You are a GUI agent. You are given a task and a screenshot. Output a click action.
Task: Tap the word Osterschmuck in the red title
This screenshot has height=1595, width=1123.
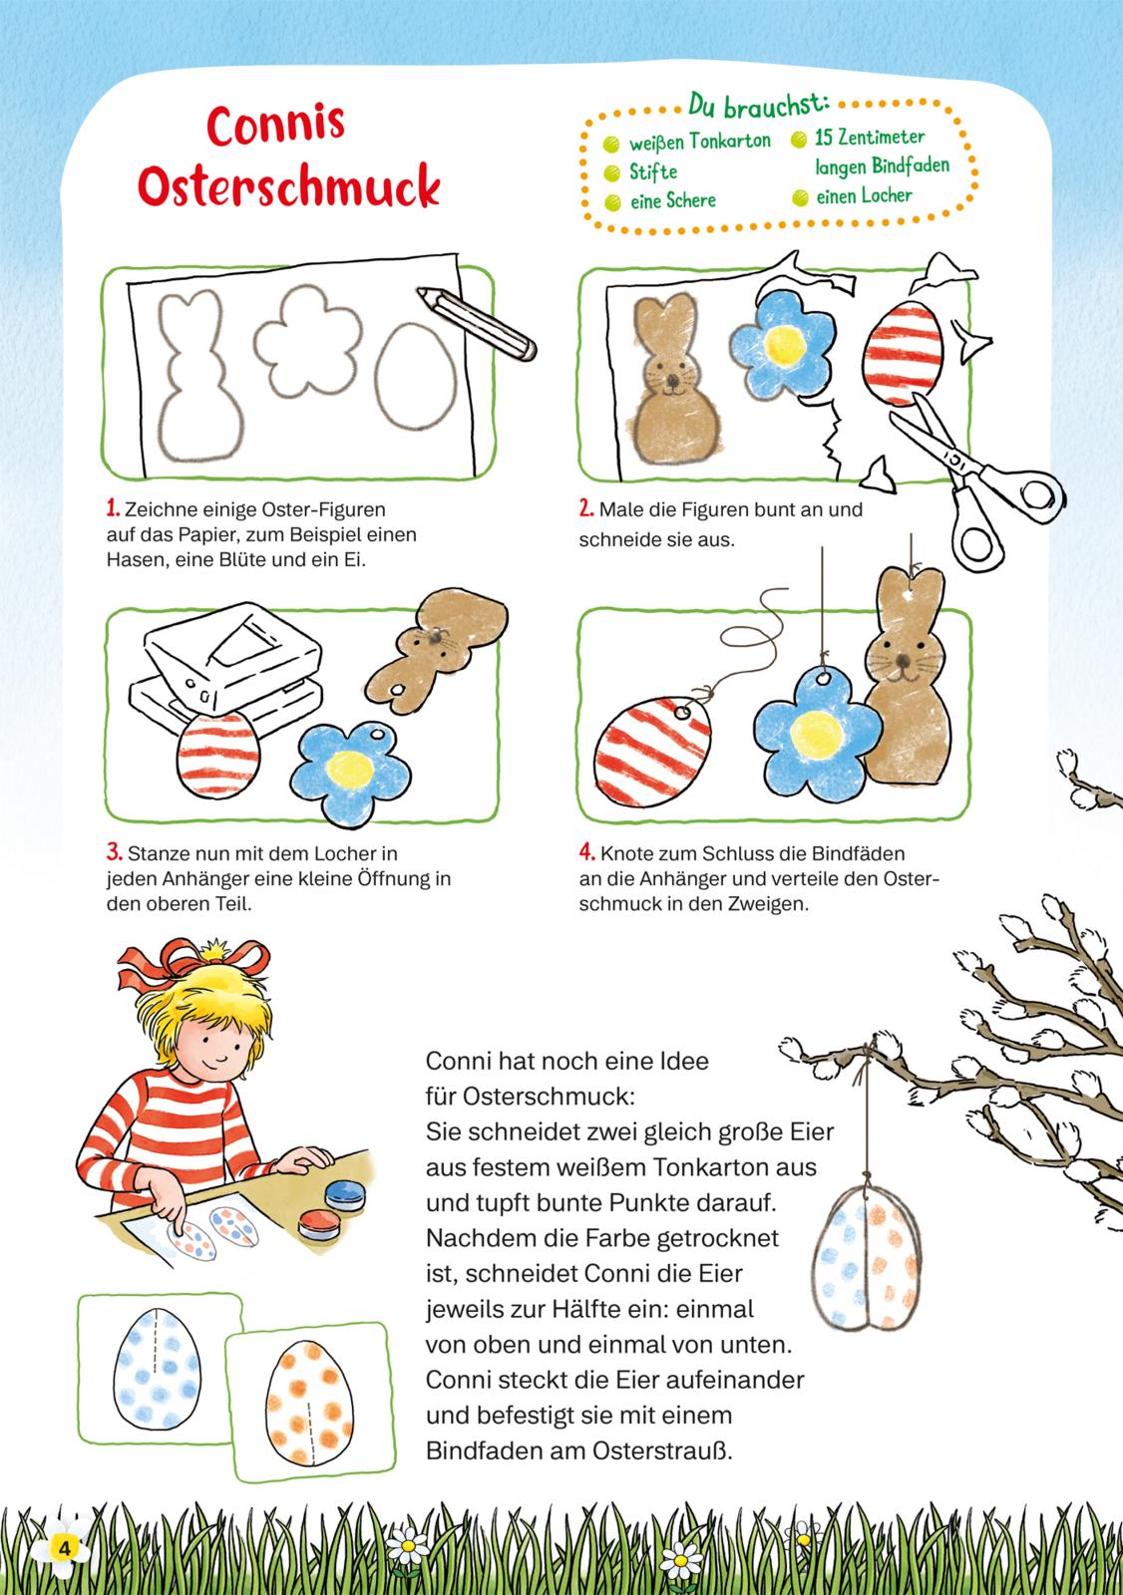pos(288,185)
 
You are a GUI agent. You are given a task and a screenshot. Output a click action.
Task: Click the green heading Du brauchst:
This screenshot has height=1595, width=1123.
pos(758,105)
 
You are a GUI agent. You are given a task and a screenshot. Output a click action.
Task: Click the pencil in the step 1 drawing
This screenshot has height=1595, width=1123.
pos(476,323)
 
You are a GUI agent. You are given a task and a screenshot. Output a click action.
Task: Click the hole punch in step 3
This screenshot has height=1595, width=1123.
pos(225,668)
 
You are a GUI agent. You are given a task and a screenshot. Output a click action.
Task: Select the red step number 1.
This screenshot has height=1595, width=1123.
pos(113,508)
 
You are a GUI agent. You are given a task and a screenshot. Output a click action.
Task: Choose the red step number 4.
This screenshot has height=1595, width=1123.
pos(586,851)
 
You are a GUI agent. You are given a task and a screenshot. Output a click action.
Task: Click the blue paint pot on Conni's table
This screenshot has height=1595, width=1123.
pos(345,1195)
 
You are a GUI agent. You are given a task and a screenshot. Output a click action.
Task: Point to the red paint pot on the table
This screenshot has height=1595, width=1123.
pos(319,1223)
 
